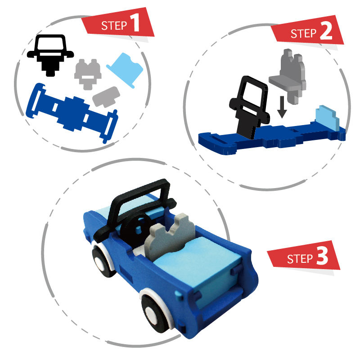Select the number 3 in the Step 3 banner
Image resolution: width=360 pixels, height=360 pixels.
tap(322, 256)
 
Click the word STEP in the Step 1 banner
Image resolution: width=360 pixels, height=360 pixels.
tap(114, 25)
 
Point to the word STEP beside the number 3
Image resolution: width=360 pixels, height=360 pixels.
tap(300, 259)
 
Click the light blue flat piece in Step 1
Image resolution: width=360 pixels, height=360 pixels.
tap(126, 70)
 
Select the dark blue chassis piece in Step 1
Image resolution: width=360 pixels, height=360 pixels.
tap(72, 113)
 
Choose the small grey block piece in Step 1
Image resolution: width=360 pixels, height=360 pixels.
tap(106, 97)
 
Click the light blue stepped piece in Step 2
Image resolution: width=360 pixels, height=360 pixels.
tap(328, 117)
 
